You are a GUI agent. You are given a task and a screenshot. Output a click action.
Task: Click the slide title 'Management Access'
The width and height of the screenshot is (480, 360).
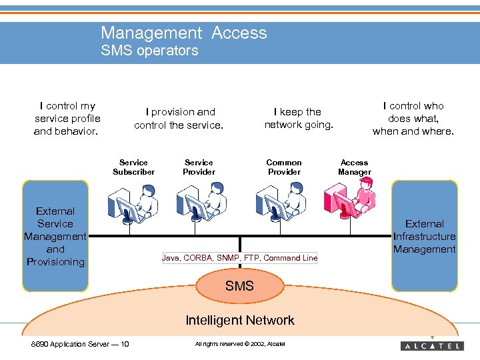click(183, 33)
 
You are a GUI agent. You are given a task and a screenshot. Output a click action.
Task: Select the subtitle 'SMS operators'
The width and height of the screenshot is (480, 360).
click(149, 51)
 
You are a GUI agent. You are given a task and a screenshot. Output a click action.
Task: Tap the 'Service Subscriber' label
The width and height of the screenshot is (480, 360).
click(133, 167)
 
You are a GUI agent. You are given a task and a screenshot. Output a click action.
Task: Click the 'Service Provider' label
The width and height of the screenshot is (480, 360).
click(199, 167)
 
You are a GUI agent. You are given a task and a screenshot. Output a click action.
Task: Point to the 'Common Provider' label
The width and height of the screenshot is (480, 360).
click(284, 167)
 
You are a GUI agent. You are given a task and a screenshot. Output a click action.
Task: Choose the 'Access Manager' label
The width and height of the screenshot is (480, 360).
click(354, 167)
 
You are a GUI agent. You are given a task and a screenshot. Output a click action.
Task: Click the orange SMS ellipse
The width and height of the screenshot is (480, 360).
click(239, 286)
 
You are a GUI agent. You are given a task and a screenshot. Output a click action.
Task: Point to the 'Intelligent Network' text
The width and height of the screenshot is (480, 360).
click(239, 320)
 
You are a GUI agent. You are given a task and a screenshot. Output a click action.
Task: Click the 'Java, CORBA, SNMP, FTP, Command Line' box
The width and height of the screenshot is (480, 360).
click(240, 258)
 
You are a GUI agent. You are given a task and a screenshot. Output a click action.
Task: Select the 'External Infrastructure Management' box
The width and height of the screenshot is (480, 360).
click(424, 236)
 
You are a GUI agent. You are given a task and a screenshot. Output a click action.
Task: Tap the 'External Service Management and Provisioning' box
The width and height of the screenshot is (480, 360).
click(55, 236)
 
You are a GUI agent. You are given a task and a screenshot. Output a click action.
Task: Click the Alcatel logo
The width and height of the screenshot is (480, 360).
click(432, 345)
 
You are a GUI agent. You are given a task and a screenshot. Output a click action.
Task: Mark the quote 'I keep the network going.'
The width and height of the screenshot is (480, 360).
click(298, 119)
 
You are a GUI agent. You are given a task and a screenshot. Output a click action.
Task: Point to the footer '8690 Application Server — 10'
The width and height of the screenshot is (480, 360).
click(81, 344)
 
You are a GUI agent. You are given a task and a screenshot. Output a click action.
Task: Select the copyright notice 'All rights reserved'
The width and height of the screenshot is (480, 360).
click(239, 344)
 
